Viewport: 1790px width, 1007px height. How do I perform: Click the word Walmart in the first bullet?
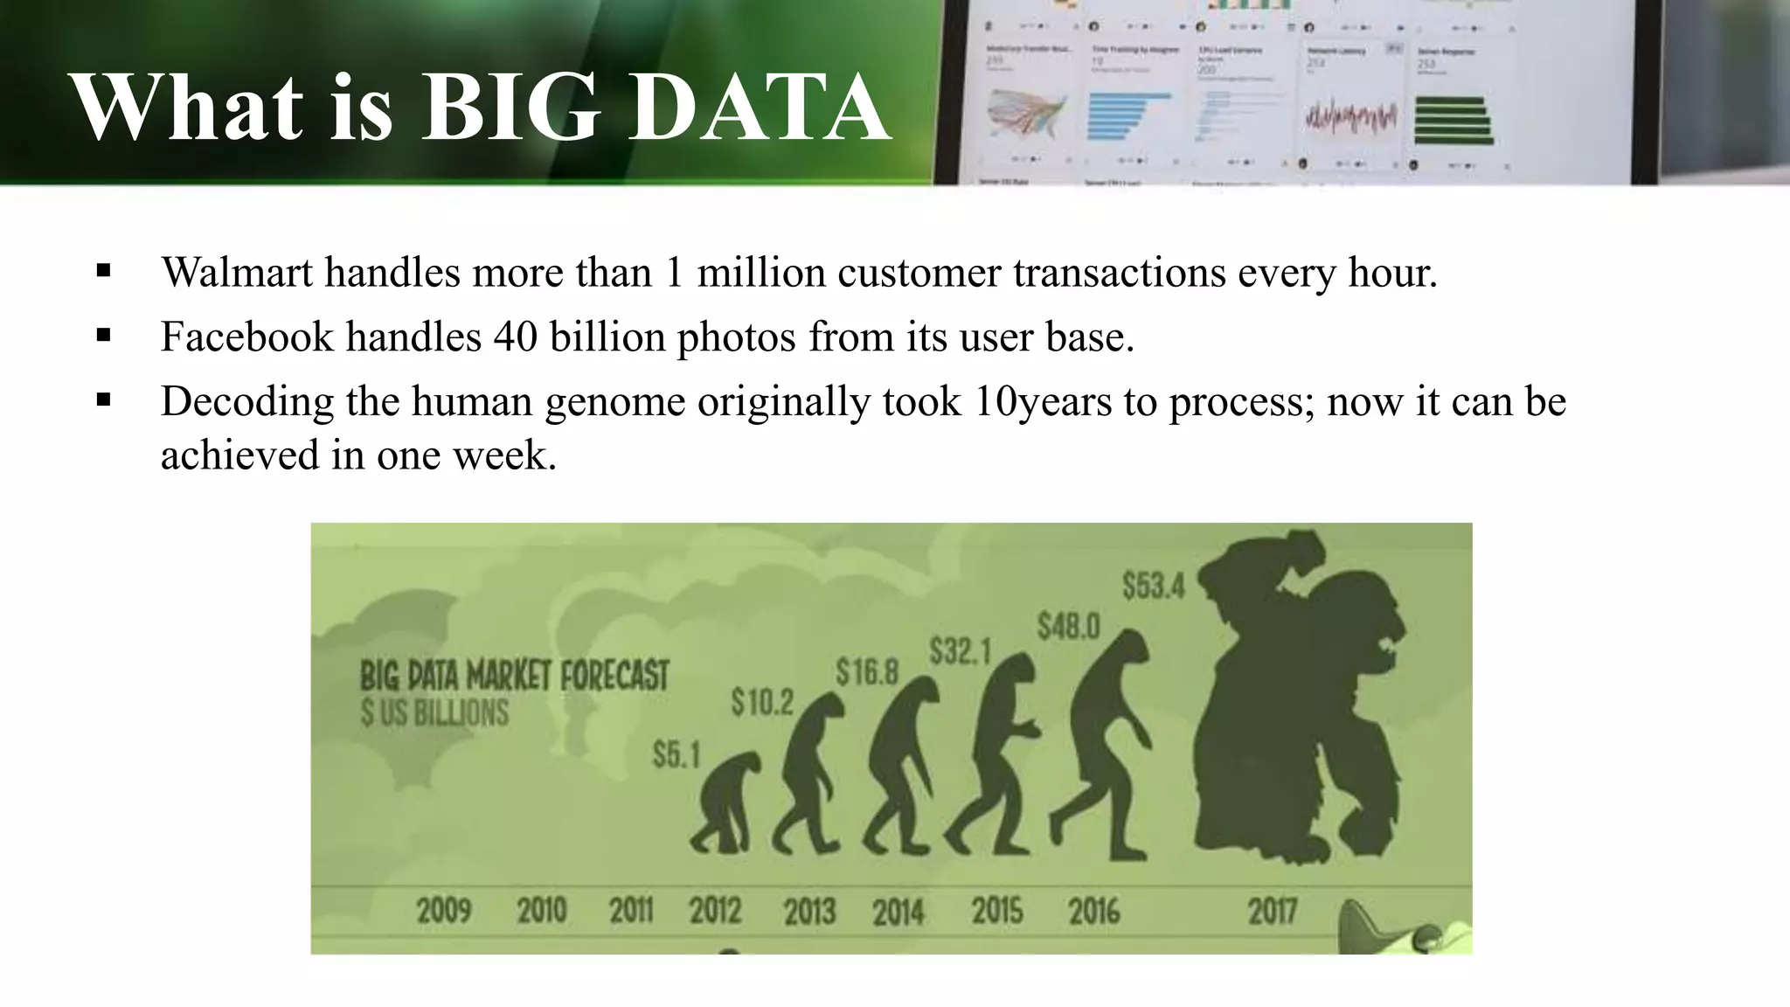[x=236, y=273]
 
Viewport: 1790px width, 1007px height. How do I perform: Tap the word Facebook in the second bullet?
[x=246, y=337]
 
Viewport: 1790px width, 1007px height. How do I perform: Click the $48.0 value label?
[x=1068, y=627]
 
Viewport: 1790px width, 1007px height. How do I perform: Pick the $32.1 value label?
[x=960, y=651]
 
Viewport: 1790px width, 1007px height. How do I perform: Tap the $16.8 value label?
[x=867, y=672]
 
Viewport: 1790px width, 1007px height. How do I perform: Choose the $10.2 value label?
[x=762, y=702]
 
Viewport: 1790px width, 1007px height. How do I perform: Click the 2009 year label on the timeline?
[x=444, y=912]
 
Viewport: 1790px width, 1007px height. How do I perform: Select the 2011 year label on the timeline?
[x=631, y=912]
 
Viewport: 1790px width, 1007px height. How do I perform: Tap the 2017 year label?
[x=1272, y=912]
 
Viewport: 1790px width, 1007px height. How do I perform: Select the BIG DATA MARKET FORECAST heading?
[x=514, y=676]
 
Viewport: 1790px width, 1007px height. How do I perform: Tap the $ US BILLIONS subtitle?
[x=434, y=713]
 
